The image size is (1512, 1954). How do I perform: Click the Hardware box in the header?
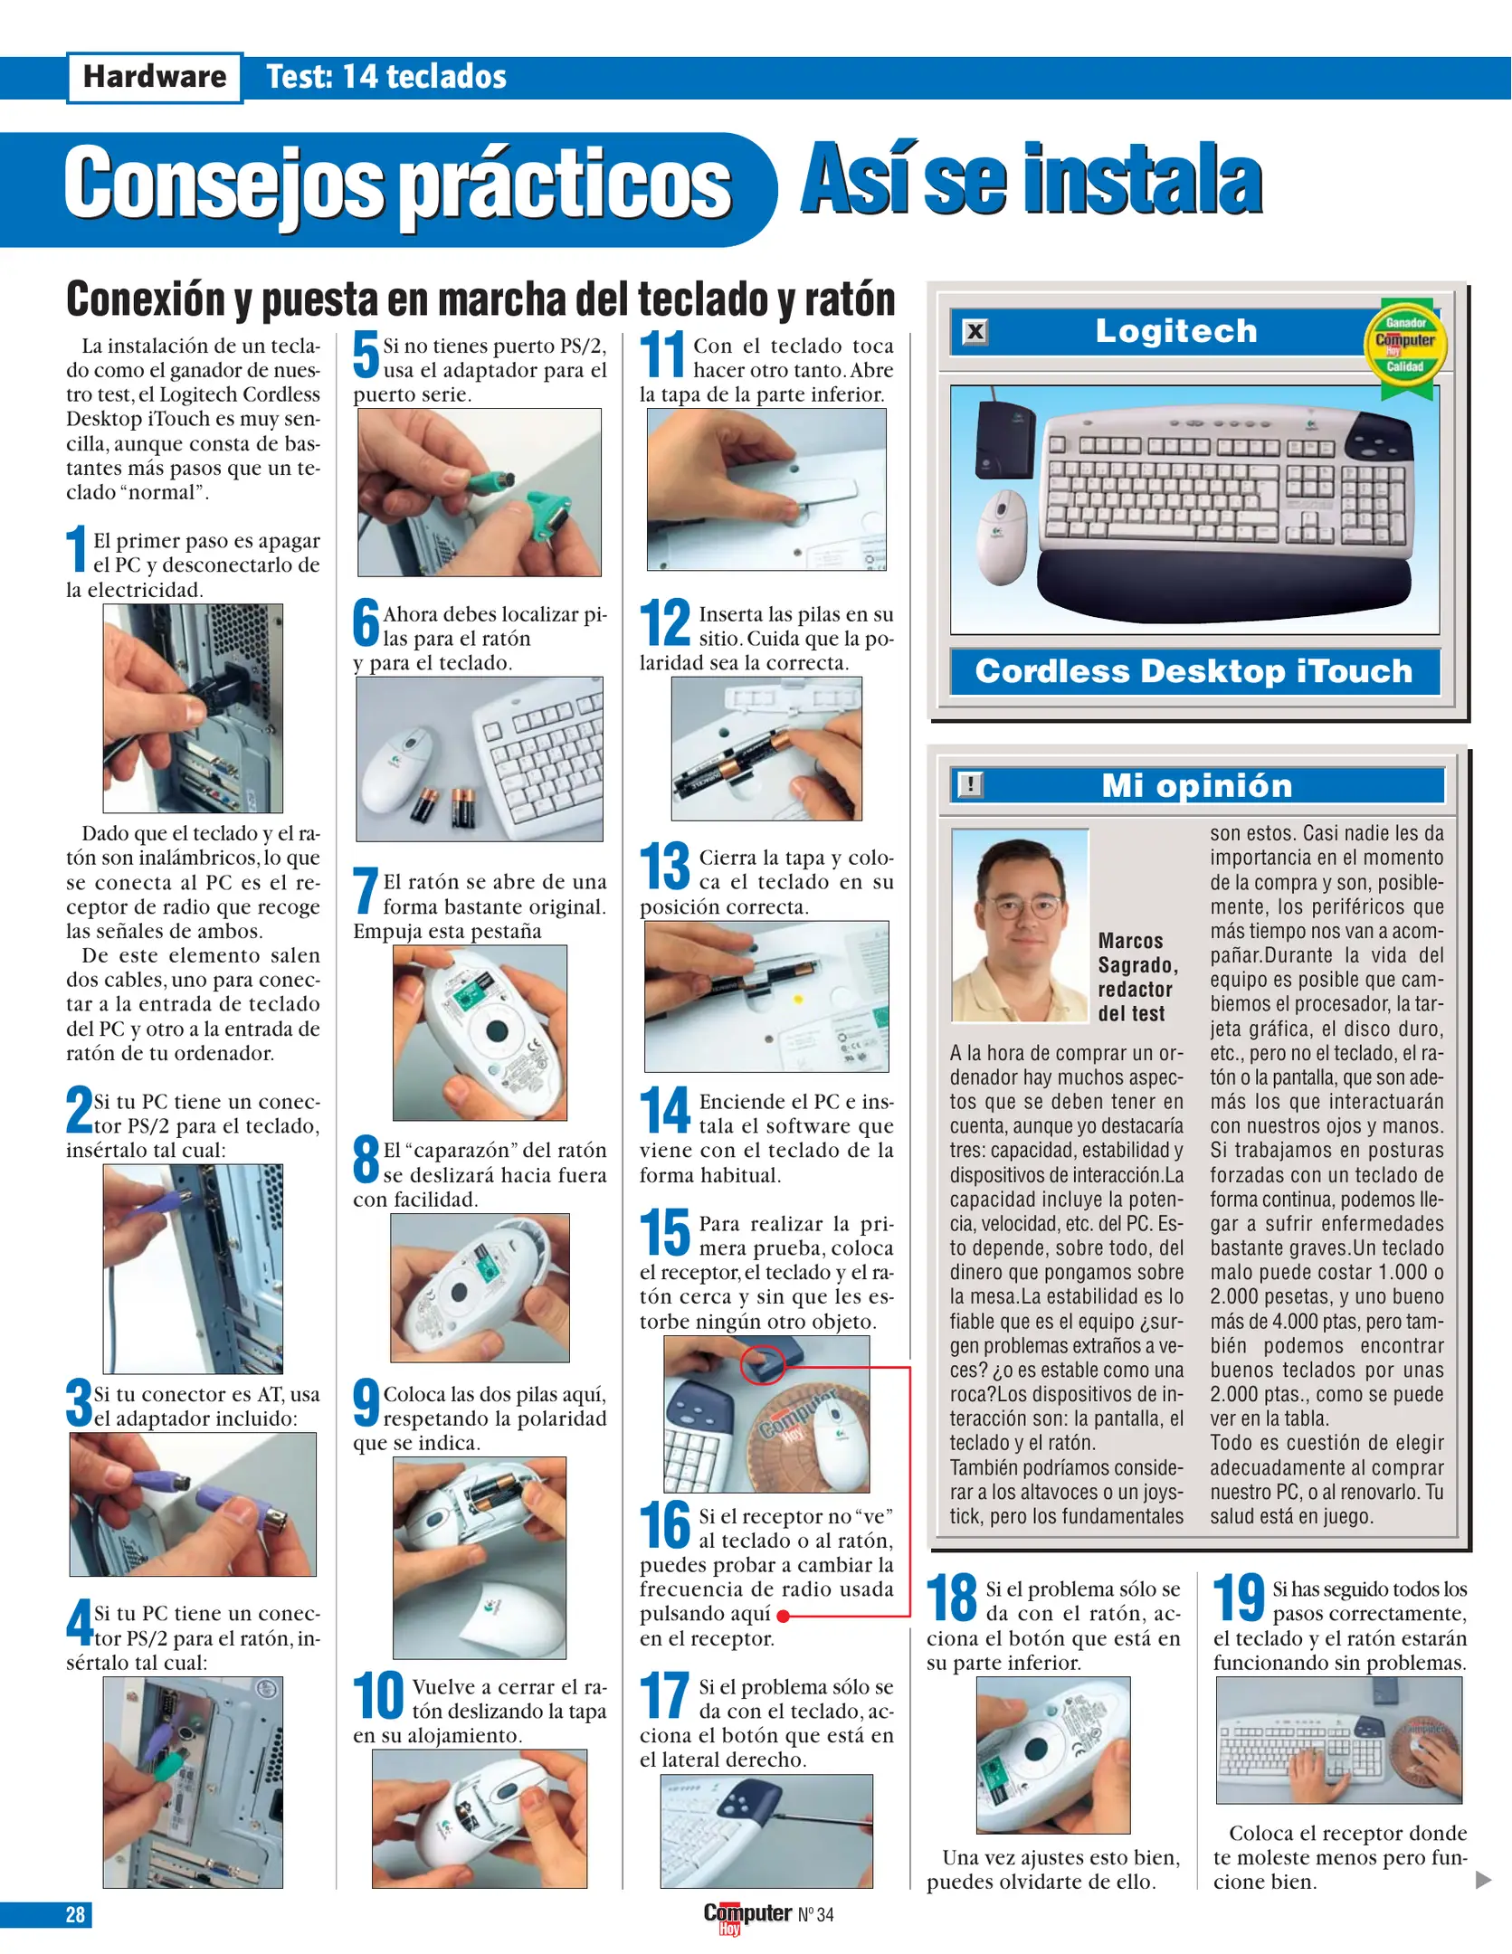coord(155,78)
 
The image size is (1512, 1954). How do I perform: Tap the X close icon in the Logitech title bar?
coord(975,332)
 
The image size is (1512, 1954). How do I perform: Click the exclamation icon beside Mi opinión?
coord(970,784)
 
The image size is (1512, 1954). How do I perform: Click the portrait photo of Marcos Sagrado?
coord(1020,925)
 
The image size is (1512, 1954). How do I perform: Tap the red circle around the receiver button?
coord(763,1363)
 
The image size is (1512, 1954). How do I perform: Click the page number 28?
coord(75,1914)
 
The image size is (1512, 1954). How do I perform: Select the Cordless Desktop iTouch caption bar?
coord(1193,671)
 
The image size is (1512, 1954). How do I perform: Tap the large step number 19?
coord(1238,1598)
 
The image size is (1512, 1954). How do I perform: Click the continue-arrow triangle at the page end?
coord(1482,1880)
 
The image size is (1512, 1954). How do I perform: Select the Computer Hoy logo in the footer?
coord(747,1915)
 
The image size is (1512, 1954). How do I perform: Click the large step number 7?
coord(365,891)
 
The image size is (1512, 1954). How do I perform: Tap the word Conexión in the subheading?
coord(147,299)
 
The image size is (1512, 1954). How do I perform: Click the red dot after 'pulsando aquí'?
coord(783,1616)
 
